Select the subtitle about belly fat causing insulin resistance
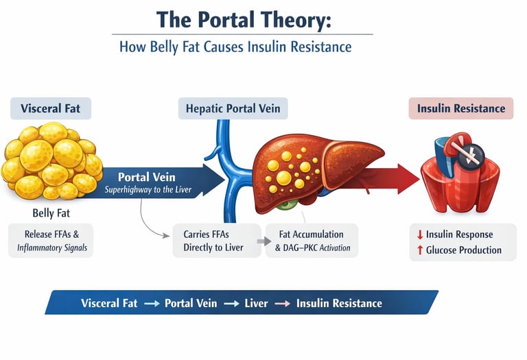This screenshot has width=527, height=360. click(x=235, y=47)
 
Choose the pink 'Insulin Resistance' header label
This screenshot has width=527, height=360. click(x=460, y=108)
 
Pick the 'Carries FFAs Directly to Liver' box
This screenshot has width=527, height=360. click(x=213, y=241)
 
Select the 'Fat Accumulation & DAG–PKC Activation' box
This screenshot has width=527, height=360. click(x=312, y=241)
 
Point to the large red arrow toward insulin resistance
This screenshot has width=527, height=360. click(x=392, y=180)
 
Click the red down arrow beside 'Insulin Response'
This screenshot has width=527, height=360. click(x=419, y=235)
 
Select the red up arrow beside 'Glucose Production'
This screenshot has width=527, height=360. click(x=419, y=250)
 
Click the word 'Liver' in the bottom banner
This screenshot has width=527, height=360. click(x=256, y=303)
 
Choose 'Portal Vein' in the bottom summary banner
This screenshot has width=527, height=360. click(x=191, y=303)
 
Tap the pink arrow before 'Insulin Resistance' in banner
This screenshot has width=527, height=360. click(x=281, y=303)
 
